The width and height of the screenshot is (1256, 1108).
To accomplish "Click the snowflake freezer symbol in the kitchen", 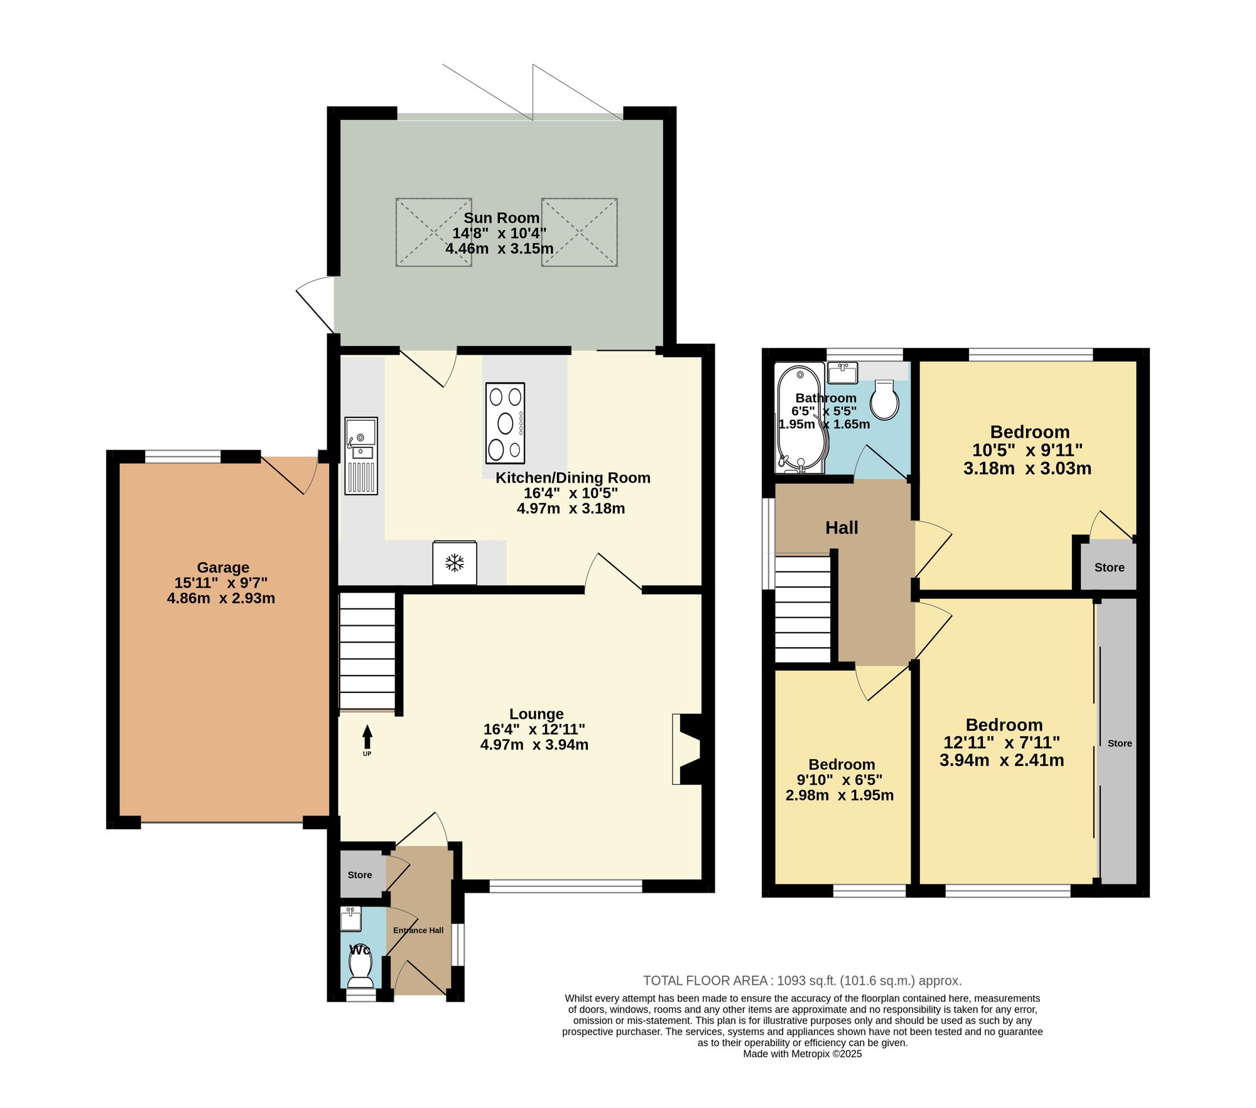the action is pos(454,562).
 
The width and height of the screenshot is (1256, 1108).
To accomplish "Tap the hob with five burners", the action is pos(505,423).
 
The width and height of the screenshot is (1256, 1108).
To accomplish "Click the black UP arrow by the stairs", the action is pos(367,737).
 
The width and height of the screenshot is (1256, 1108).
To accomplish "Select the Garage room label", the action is pos(223,567).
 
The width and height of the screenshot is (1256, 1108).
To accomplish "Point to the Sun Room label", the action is pos(501,218).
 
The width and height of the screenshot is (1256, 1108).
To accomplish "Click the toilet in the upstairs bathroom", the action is pos(885,399).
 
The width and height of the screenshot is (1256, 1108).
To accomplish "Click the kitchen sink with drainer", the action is pos(361,456).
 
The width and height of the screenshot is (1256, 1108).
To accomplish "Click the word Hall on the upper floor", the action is pos(842,528).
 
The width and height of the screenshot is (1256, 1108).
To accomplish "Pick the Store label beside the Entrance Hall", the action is pos(360,874).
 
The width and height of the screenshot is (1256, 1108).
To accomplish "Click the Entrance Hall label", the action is pos(418,930).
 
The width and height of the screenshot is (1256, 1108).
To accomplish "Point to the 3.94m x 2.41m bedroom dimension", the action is pos(1002,760).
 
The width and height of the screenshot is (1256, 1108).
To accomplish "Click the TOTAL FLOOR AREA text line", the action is pos(803,981).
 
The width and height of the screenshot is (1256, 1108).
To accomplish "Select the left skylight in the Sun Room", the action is pos(433,232).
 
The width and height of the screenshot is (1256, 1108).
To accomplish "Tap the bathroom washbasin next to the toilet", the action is pos(842,373).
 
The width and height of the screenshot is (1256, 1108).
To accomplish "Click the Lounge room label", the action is pos(536,714).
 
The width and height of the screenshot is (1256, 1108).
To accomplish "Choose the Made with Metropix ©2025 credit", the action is pos(803,1054).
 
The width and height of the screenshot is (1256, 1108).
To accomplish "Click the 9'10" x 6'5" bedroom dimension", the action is pos(840,780).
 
